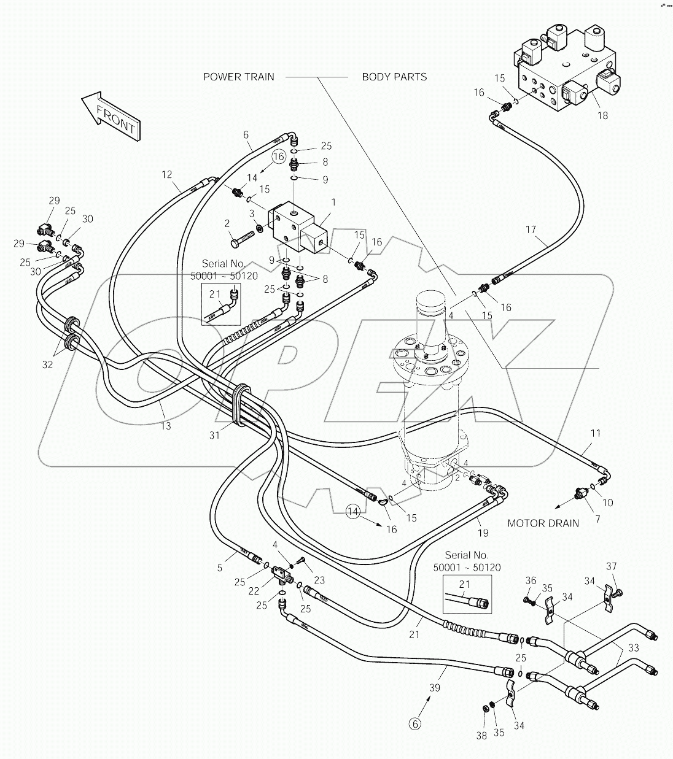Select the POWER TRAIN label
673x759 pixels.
click(239, 77)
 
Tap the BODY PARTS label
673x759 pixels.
click(394, 77)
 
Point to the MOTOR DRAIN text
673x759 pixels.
click(543, 523)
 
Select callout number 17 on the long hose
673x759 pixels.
click(531, 230)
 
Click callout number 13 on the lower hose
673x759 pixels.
click(166, 425)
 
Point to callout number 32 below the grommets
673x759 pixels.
click(47, 364)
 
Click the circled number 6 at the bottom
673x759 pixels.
click(415, 724)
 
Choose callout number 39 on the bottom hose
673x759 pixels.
click(435, 688)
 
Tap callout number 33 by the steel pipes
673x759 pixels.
click(633, 647)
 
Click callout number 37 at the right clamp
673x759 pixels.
click(612, 566)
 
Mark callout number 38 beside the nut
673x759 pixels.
click(482, 736)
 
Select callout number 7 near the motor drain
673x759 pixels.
click(597, 518)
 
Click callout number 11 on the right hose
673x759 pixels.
click(595, 433)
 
